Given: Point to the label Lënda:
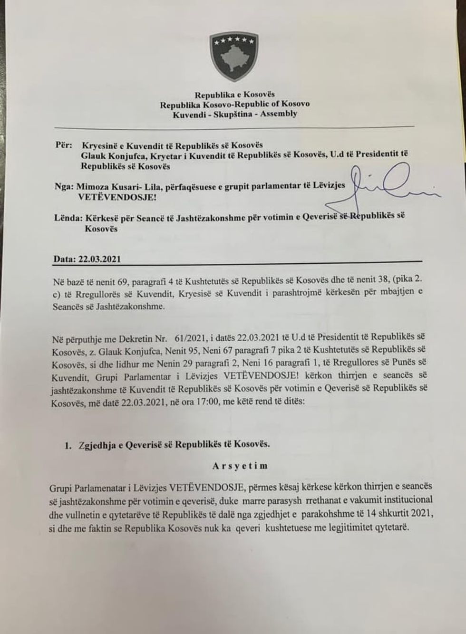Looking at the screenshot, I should coord(68,218).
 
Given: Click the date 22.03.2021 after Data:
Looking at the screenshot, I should coord(100,259).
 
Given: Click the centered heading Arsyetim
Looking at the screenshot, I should coord(240,465).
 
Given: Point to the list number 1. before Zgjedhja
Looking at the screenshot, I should coord(68,445).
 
